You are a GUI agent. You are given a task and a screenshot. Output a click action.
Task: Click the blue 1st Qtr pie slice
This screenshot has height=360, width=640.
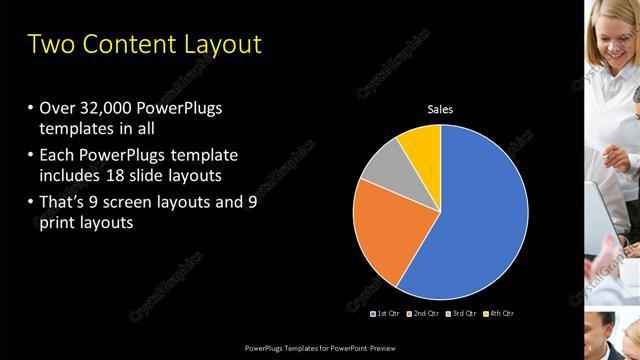pyautogui.click(x=480, y=220)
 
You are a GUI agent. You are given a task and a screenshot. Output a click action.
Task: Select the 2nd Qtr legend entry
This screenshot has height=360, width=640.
pyautogui.click(x=424, y=314)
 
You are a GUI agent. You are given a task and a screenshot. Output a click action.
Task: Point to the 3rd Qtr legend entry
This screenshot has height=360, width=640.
pyautogui.click(x=461, y=314)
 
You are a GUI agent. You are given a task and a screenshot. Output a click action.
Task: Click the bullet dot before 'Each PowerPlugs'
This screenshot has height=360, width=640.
pyautogui.click(x=31, y=154)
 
